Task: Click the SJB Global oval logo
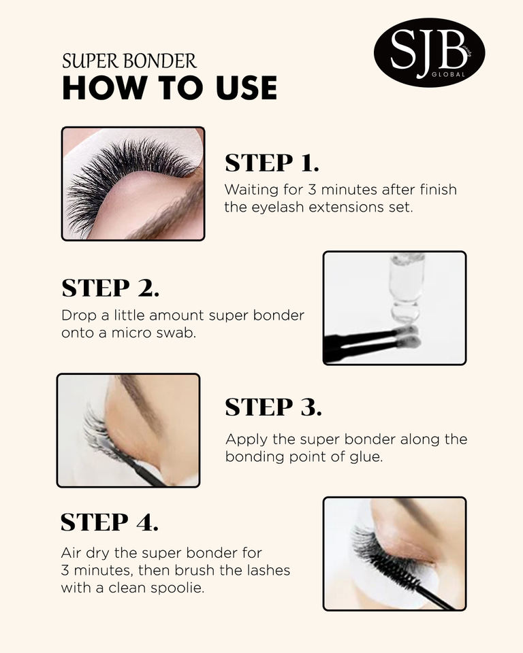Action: pyautogui.click(x=429, y=52)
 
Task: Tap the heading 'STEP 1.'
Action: pyautogui.click(x=272, y=163)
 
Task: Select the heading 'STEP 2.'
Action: pyautogui.click(x=110, y=288)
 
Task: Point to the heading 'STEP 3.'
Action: pyautogui.click(x=273, y=407)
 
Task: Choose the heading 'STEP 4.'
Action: pyautogui.click(x=109, y=522)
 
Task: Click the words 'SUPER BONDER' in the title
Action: pyautogui.click(x=129, y=61)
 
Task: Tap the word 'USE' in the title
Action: pyautogui.click(x=247, y=88)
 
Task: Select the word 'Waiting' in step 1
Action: pyautogui.click(x=251, y=190)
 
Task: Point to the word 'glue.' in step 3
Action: pyautogui.click(x=366, y=457)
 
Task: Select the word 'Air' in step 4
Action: pyautogui.click(x=71, y=552)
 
